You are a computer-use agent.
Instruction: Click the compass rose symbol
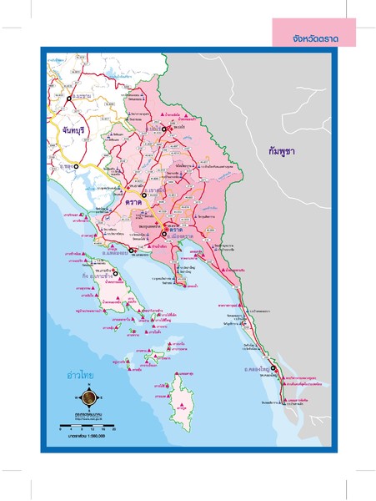[x=88, y=399]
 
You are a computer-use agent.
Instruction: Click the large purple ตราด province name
[x=134, y=202]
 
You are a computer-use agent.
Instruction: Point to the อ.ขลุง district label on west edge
[x=63, y=167]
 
